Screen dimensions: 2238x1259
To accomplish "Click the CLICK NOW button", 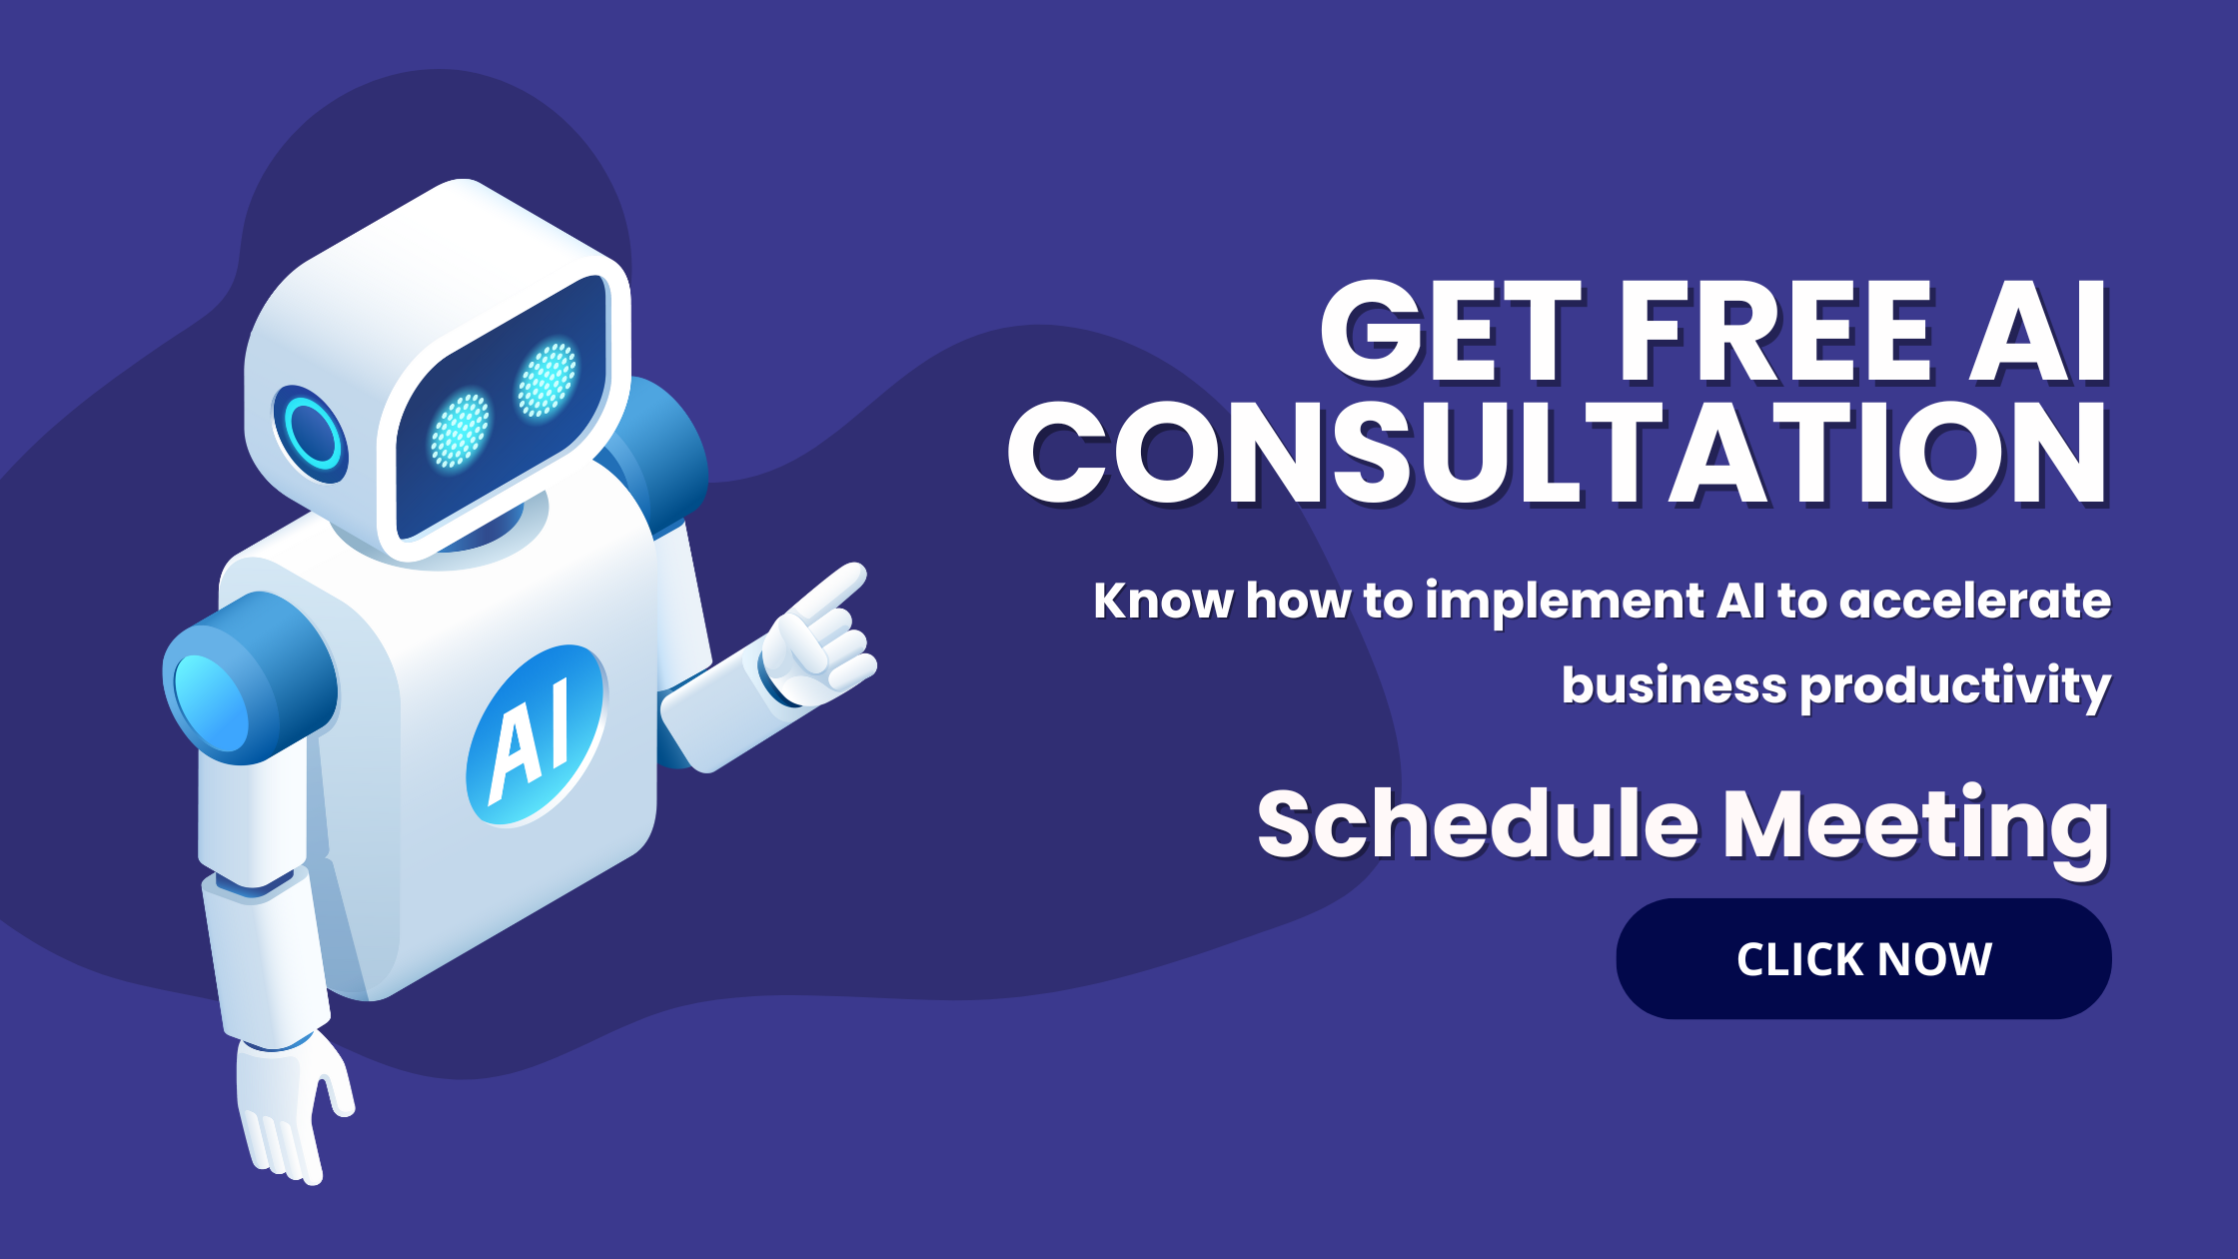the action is click(x=1863, y=958).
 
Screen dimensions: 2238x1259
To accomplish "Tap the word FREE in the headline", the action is click(x=1774, y=332).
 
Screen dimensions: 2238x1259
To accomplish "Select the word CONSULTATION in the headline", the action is click(x=1559, y=454).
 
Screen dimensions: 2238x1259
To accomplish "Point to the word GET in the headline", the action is click(x=1452, y=332).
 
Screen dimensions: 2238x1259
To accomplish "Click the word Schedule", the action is click(x=1478, y=823).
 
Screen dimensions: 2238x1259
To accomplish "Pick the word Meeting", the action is click(x=1917, y=830).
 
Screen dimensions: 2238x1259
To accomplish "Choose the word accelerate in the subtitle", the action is click(x=1975, y=601).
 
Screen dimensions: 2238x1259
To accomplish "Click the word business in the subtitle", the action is click(x=1674, y=685).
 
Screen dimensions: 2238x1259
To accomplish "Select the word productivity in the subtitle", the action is click(x=1956, y=687).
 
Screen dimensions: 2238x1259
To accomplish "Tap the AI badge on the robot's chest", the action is click(x=537, y=735).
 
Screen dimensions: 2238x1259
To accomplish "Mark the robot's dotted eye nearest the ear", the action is click(x=460, y=430).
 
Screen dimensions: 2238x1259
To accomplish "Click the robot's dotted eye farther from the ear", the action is click(x=547, y=380).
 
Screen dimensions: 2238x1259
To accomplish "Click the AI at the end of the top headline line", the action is click(x=2038, y=332).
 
